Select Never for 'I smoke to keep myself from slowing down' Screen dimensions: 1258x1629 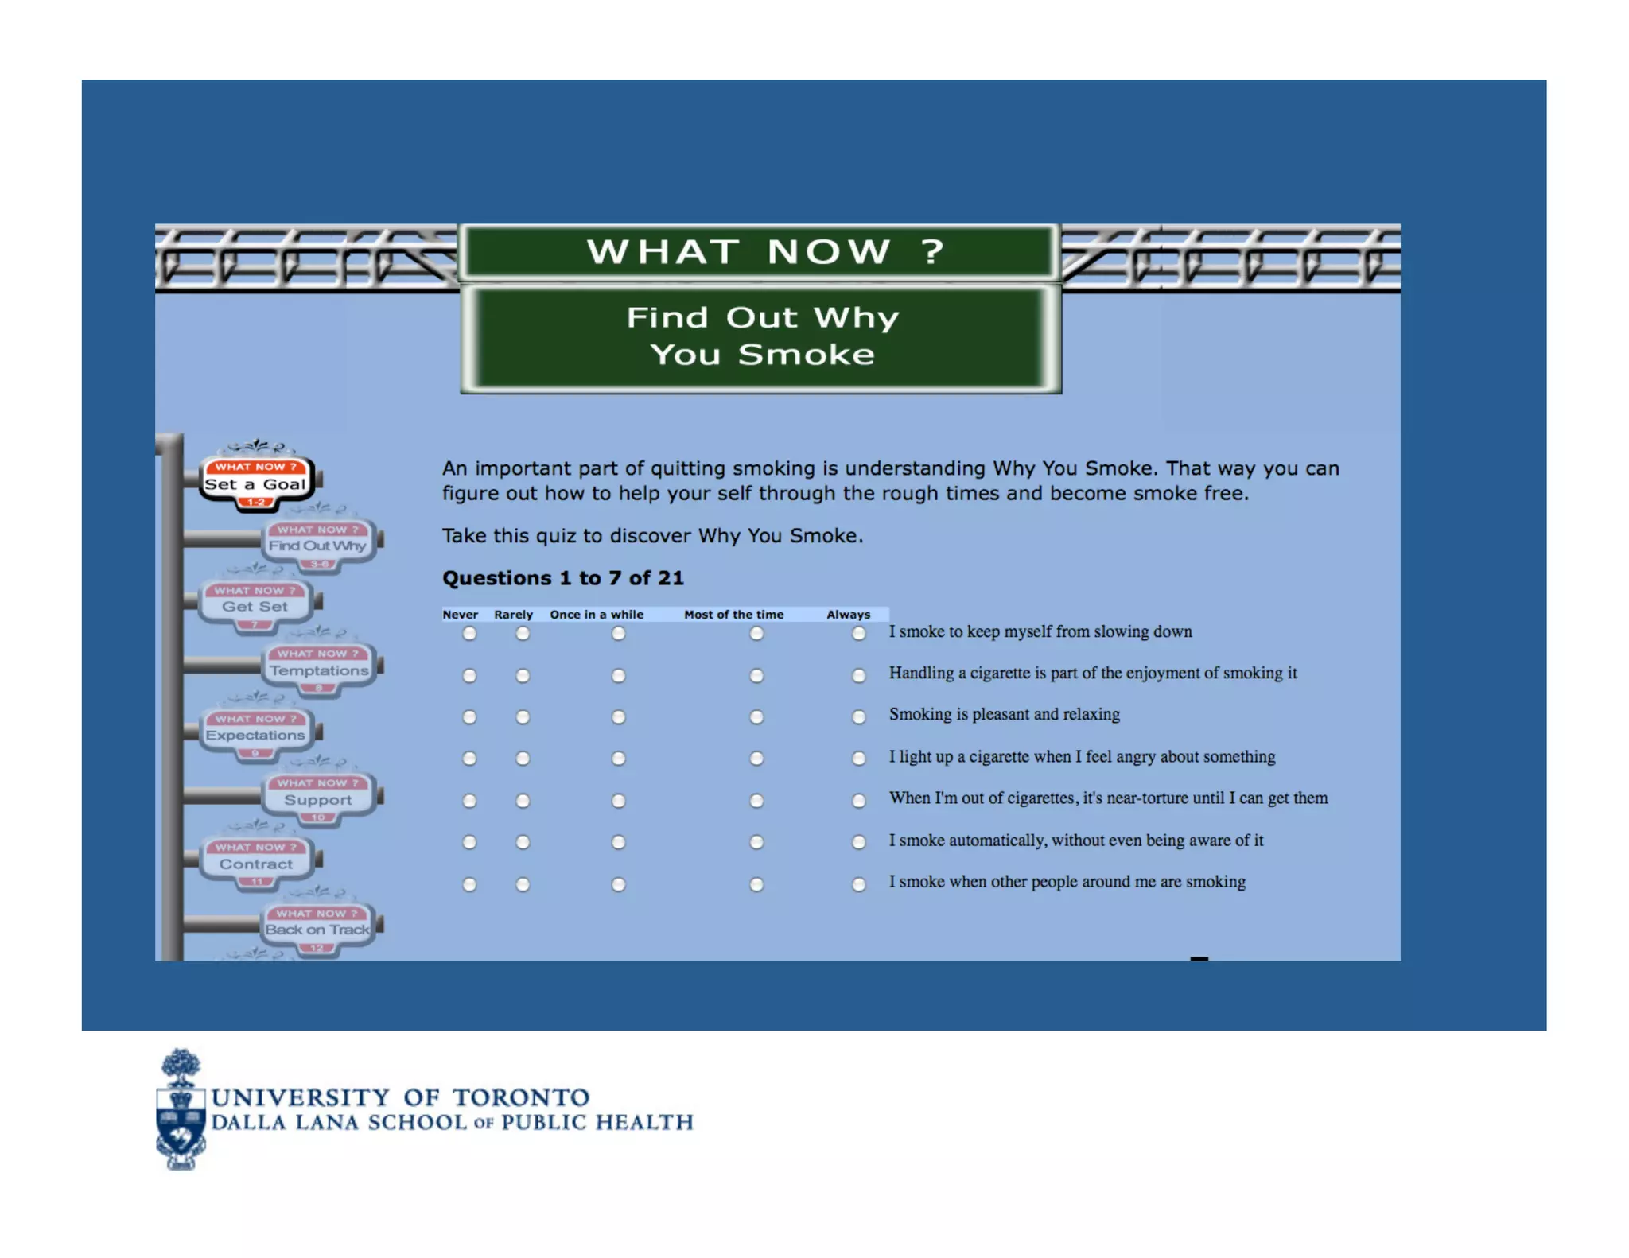click(x=469, y=634)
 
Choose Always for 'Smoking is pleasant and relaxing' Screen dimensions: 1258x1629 click(x=858, y=717)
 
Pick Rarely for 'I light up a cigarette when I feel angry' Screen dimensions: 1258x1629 click(x=523, y=759)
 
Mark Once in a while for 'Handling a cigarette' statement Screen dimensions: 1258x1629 click(x=618, y=676)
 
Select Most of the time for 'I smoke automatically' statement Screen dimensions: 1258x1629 click(x=756, y=842)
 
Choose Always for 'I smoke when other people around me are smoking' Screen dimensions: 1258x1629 click(x=858, y=884)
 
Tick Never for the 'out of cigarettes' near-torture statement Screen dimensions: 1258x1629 click(x=469, y=801)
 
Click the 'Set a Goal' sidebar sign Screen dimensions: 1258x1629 click(x=255, y=483)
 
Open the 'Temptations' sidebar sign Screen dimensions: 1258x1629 click(x=318, y=670)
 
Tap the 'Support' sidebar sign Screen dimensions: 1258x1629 click(x=318, y=799)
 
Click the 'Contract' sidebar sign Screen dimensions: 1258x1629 click(x=255, y=864)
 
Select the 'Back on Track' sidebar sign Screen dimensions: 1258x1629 click(x=317, y=929)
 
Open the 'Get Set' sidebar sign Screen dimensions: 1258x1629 click(x=255, y=606)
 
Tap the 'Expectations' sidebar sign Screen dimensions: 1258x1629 click(x=255, y=735)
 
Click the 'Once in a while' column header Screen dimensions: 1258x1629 click(x=597, y=615)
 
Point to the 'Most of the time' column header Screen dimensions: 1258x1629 click(x=733, y=615)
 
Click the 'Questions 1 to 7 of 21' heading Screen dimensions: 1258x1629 click(x=562, y=578)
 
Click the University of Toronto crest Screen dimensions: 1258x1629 click(x=181, y=1110)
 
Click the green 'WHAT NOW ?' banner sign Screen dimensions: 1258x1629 click(x=760, y=251)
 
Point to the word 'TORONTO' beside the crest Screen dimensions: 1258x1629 click(x=521, y=1097)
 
